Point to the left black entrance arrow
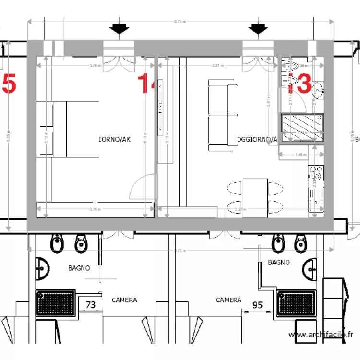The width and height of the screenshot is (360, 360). point(119,29)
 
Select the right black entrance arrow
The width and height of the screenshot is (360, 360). point(258,29)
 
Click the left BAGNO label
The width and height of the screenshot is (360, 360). point(79,268)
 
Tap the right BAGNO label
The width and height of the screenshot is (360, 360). point(278,263)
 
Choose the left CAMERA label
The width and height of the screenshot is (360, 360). point(124,300)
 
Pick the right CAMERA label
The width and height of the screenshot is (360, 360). point(228,300)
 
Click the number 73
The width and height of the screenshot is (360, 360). point(90,305)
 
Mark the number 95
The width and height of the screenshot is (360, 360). point(257,304)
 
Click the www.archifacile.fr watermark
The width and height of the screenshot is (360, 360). point(321,335)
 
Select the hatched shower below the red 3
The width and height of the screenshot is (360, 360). point(302,127)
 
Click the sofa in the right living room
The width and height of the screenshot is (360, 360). point(223,115)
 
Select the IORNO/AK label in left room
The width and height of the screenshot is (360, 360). point(114,140)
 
